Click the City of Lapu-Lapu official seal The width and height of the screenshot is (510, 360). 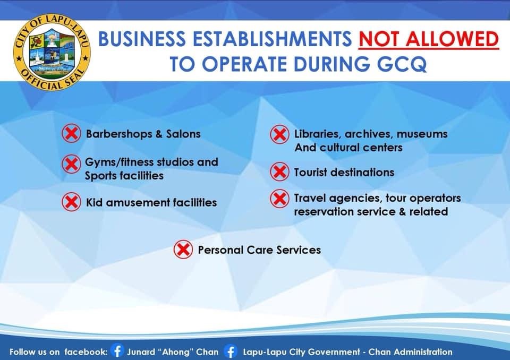click(x=52, y=52)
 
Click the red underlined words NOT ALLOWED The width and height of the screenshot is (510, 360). click(x=429, y=39)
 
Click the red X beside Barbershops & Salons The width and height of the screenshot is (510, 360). click(x=71, y=133)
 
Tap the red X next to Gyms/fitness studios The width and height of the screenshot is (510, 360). click(x=71, y=164)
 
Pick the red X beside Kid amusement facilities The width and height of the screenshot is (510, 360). click(x=71, y=202)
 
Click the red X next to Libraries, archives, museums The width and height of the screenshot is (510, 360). click(x=279, y=134)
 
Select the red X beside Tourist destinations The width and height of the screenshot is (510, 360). click(x=279, y=172)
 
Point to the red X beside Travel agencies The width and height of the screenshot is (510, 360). click(x=279, y=199)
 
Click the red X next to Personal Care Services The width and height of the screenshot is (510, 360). click(x=183, y=250)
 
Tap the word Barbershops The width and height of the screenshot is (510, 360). click(x=119, y=134)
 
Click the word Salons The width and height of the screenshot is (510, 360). click(x=183, y=134)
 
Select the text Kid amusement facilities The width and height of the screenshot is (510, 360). click(x=151, y=202)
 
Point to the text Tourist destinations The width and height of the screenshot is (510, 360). click(x=344, y=172)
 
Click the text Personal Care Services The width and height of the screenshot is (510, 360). click(x=259, y=250)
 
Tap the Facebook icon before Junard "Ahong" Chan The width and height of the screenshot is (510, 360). click(x=117, y=351)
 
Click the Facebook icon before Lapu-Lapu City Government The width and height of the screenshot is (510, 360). click(x=231, y=352)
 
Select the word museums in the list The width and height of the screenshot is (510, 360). click(x=422, y=134)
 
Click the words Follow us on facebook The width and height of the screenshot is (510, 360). click(x=58, y=352)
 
